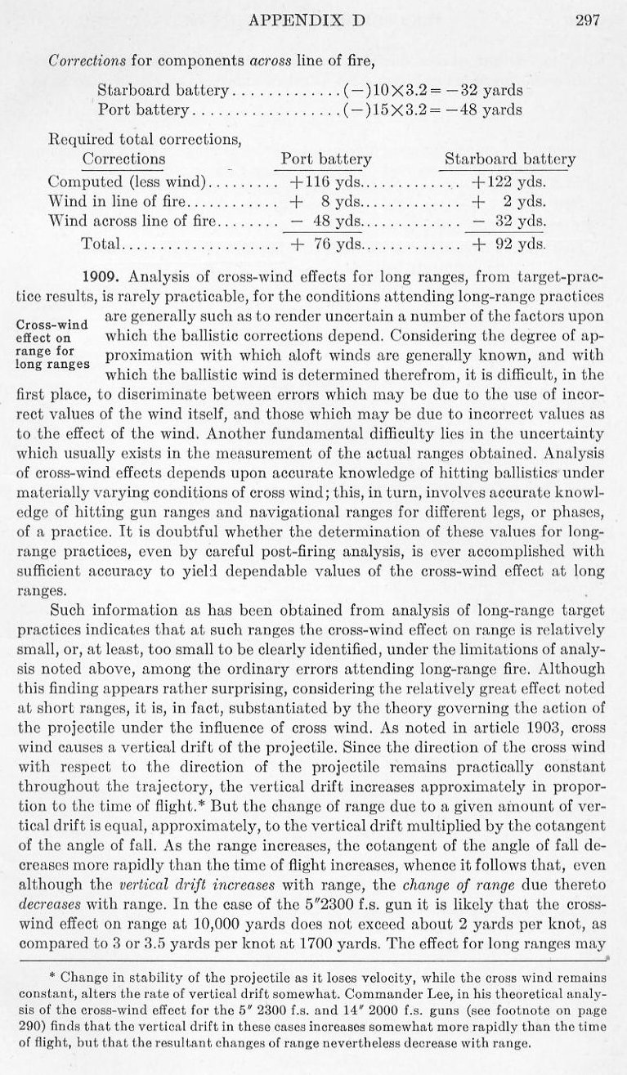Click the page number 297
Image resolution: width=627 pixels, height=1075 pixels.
coord(588,21)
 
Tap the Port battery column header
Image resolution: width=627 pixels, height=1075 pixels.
coord(326,159)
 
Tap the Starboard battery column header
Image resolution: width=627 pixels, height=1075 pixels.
coord(509,159)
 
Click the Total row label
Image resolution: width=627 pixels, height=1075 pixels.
coord(101,243)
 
